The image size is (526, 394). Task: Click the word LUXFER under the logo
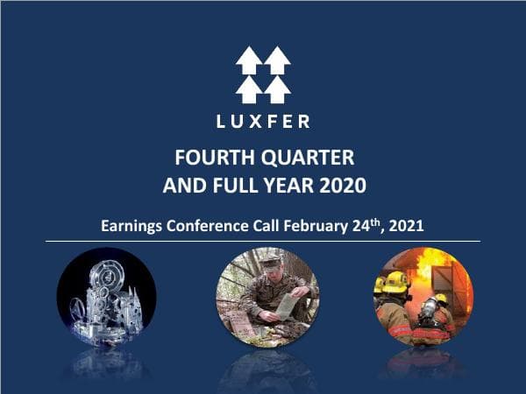(263, 121)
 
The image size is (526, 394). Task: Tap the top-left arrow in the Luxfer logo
(249, 60)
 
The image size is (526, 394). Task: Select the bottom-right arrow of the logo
(277, 88)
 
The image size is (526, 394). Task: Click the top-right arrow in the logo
(277, 60)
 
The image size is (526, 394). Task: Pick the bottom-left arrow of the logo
(249, 88)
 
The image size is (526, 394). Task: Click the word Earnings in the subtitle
(131, 226)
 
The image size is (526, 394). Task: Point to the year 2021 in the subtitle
(406, 226)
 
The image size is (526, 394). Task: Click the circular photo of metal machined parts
(106, 298)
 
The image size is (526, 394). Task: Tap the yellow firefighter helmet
(396, 282)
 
